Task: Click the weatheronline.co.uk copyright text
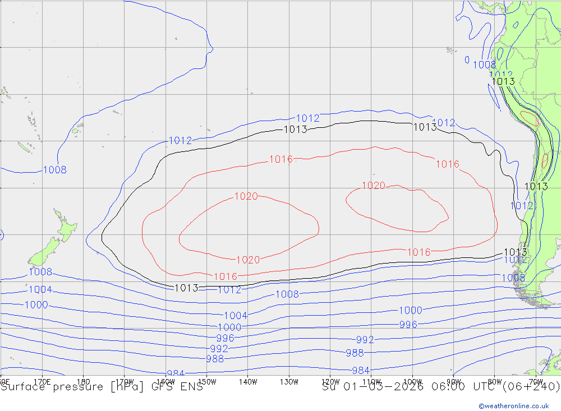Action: click(x=513, y=405)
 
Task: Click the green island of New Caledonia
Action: click(x=24, y=148)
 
